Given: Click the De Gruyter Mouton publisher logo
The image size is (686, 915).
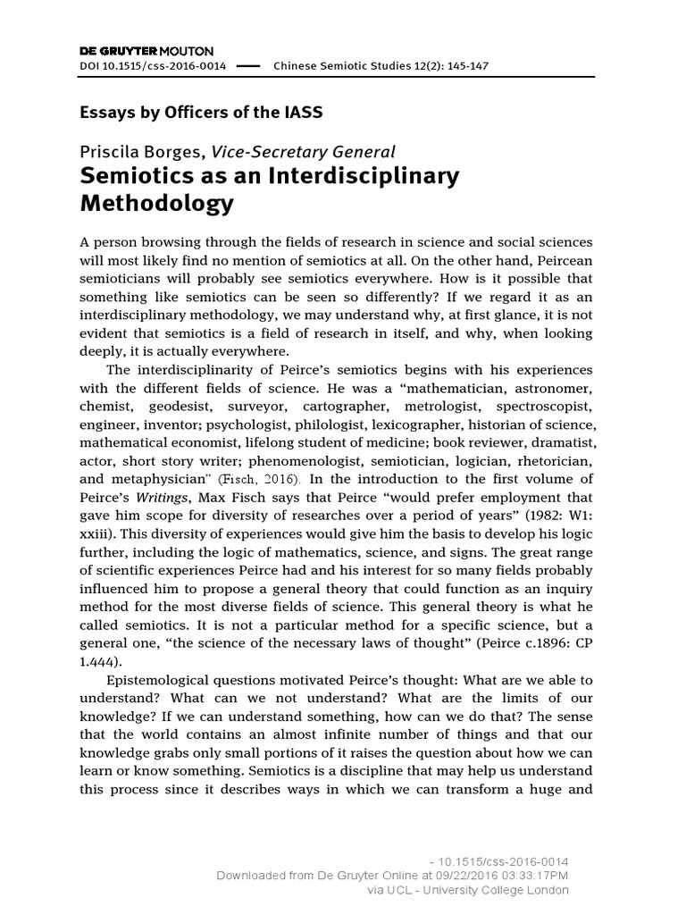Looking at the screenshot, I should [147, 51].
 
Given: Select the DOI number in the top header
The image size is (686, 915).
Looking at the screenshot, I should [154, 66].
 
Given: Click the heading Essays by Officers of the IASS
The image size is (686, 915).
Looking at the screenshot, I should [201, 113].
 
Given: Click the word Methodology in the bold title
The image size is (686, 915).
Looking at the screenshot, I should [157, 204].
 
